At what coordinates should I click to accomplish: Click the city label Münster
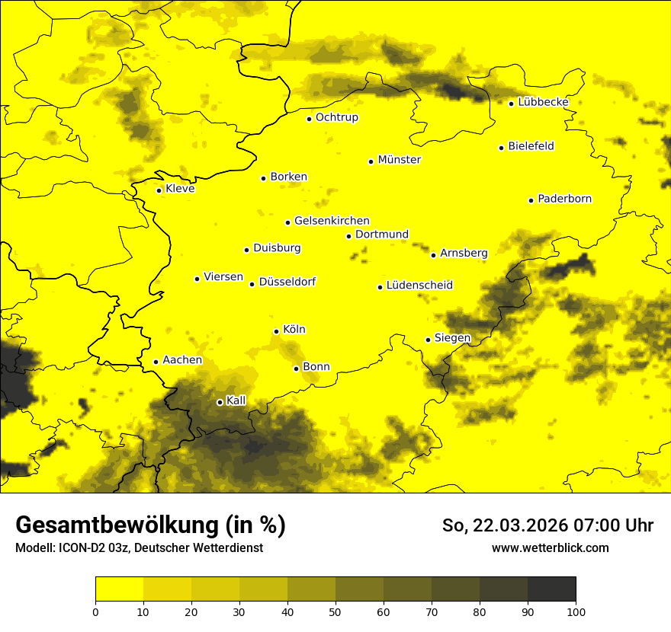click(399, 160)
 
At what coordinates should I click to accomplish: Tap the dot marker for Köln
click(277, 331)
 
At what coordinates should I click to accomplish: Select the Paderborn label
click(564, 199)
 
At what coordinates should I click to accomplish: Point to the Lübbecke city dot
click(512, 104)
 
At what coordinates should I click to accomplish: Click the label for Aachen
click(182, 360)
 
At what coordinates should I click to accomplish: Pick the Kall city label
click(236, 401)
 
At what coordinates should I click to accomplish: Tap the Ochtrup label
click(336, 117)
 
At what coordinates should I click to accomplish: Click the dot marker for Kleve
click(159, 190)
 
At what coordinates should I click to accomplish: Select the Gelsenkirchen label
click(332, 221)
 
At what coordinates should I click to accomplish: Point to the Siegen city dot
click(429, 340)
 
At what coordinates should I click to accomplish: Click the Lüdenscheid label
click(419, 286)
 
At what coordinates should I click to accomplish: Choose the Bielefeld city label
click(531, 146)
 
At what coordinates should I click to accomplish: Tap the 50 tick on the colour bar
click(335, 611)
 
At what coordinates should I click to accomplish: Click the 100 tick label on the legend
click(576, 611)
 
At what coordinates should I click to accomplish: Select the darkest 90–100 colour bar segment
click(551, 589)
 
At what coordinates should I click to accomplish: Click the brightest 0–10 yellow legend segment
click(119, 589)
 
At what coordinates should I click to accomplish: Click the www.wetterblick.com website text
click(550, 547)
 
